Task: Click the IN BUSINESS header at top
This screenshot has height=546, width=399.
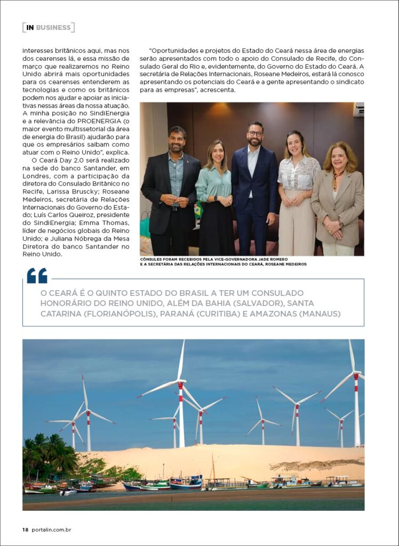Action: [48, 27]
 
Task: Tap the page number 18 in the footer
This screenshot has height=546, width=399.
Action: [25, 529]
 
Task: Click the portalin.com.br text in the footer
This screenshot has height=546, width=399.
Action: [52, 529]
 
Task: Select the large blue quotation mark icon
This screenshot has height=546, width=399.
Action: [37, 275]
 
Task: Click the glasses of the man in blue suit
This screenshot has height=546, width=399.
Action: [255, 134]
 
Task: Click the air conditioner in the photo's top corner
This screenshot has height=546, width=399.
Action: [358, 109]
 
